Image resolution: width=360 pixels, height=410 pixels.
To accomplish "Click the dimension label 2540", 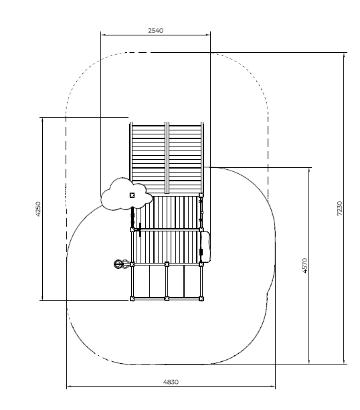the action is tap(155, 30).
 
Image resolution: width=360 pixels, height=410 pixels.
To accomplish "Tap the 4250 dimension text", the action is tap(38, 209).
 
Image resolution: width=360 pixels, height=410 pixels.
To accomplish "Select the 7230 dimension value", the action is tap(340, 208).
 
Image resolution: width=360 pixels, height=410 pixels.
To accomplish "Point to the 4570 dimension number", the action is tap(305, 266).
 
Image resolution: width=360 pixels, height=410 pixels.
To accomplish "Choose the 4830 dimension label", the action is tap(171, 382).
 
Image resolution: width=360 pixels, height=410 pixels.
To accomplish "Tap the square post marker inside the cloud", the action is tap(132, 195).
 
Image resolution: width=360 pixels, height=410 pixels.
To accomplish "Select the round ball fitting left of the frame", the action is tap(118, 264).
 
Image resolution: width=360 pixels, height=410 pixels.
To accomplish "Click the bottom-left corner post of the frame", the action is tap(132, 298).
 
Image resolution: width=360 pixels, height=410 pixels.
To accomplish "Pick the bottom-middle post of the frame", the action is tap(167, 298).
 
